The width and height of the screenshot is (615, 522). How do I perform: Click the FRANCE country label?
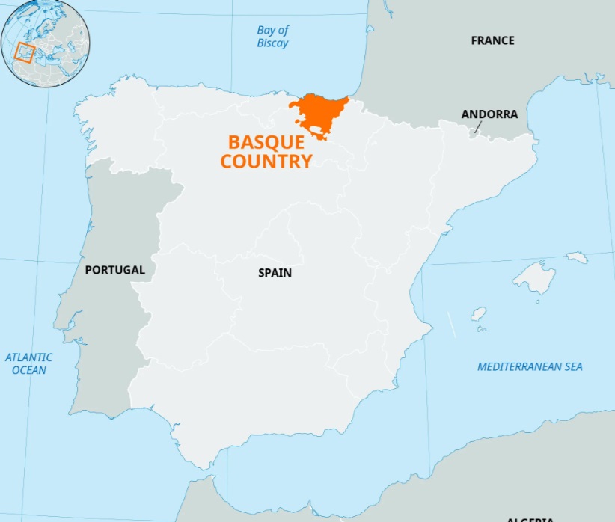click(492, 40)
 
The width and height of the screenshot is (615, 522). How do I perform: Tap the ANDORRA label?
click(489, 114)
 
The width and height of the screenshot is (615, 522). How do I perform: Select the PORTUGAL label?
click(114, 270)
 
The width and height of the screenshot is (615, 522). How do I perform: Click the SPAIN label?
click(275, 273)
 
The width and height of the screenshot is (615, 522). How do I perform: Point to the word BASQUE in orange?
click(266, 143)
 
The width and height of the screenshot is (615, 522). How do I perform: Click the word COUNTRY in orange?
click(266, 161)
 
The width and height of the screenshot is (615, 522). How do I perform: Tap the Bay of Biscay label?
click(272, 37)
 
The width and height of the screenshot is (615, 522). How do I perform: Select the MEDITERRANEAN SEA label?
click(530, 366)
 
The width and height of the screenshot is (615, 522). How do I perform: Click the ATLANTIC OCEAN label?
click(29, 363)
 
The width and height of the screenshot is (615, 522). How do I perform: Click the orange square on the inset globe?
click(25, 52)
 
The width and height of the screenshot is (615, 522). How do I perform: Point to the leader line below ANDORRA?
click(477, 128)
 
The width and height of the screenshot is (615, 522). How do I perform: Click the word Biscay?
click(272, 43)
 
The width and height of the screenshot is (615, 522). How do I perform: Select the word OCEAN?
click(29, 370)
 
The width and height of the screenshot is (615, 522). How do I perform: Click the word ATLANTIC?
click(29, 357)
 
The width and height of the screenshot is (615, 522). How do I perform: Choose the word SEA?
click(572, 366)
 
